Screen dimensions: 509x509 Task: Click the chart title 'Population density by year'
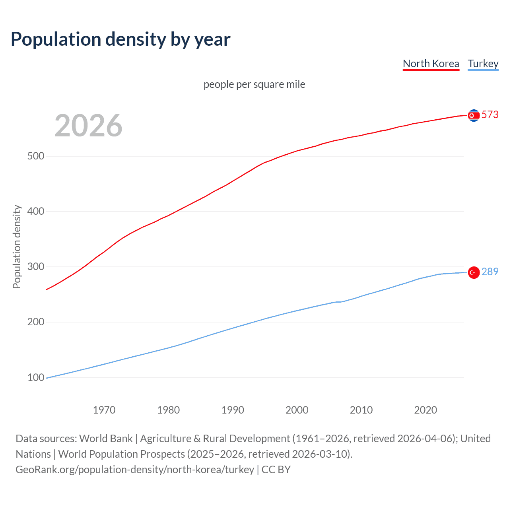pos(120,39)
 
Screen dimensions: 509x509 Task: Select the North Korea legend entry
pos(431,64)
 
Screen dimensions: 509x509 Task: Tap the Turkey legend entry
pos(483,64)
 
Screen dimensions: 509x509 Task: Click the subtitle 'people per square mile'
pos(254,84)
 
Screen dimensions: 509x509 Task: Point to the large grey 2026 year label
pos(88,126)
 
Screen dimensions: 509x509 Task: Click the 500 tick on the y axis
pos(35,156)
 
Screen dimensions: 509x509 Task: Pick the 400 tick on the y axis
pos(35,212)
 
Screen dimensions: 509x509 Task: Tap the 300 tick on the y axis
pos(35,267)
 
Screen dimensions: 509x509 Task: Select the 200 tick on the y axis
pos(35,322)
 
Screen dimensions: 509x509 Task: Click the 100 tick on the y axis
pos(35,377)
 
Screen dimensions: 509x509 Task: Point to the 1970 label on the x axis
pos(104,410)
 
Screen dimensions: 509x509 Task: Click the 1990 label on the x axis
pos(233,410)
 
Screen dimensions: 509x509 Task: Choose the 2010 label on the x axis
pos(361,410)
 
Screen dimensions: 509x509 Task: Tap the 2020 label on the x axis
pos(425,410)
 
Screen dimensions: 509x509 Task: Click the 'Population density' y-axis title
pos(17,247)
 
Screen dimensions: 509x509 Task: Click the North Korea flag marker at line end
pos(473,115)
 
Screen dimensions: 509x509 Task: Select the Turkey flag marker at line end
pos(473,272)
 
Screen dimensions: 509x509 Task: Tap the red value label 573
pos(490,115)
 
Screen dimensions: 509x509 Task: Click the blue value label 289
pos(490,272)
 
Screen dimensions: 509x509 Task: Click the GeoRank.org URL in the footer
pos(135,470)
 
